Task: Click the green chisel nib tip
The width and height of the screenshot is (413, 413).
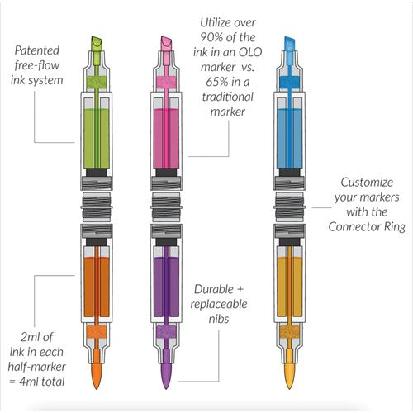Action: click(x=97, y=44)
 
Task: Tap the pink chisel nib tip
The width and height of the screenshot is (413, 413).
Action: click(x=166, y=44)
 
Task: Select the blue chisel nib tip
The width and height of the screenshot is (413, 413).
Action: click(x=289, y=44)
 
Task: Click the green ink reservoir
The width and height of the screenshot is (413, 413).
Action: click(x=97, y=138)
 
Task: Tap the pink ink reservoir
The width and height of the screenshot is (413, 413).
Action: click(x=166, y=138)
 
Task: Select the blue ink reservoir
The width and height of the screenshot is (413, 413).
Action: click(x=289, y=138)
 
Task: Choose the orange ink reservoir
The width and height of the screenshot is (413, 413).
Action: click(x=97, y=287)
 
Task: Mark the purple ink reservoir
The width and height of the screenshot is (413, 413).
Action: click(x=166, y=287)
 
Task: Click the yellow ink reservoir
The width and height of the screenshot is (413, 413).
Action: click(x=289, y=287)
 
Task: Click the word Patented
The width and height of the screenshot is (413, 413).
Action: click(x=37, y=50)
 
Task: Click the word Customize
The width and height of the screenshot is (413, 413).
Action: click(x=367, y=183)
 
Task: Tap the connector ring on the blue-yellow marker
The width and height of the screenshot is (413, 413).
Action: click(x=289, y=207)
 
